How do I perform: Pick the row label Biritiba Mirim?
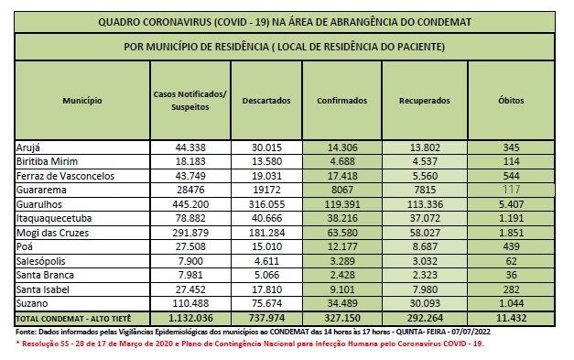pos(49,160)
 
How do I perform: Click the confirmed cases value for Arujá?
pos(343,147)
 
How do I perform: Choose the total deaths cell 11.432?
pos(510,317)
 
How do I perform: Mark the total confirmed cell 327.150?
pos(343,317)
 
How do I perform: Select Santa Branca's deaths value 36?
pos(510,274)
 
